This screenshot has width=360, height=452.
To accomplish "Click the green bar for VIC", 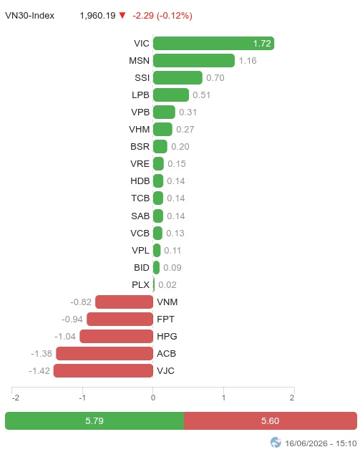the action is [213, 44].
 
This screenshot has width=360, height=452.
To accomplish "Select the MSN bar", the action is [194, 61].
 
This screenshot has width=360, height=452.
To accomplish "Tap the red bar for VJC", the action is [103, 371].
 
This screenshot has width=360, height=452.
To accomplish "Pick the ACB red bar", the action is [104, 353].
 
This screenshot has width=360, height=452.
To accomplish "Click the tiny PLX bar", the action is [154, 285].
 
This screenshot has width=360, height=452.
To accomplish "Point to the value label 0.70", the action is [215, 78].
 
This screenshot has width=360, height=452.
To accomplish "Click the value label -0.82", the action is [81, 302].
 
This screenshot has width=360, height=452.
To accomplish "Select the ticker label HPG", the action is [167, 337].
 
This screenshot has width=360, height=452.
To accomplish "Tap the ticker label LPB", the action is [140, 95].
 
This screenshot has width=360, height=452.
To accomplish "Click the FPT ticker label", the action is [165, 319].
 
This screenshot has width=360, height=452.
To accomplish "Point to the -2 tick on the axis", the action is [16, 398].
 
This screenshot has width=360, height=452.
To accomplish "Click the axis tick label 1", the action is [223, 398].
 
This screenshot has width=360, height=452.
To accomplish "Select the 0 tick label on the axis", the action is [153, 398].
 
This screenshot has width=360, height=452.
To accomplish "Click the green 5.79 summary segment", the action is [94, 421].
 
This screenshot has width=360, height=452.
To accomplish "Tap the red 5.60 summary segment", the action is [271, 421].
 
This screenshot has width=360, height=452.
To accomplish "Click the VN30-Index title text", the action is [29, 16].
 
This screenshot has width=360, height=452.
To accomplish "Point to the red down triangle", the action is [122, 15].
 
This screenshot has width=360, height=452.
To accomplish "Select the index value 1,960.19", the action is [97, 16].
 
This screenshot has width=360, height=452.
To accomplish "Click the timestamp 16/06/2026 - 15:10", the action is [321, 443].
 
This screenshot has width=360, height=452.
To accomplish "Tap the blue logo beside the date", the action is [276, 443].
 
